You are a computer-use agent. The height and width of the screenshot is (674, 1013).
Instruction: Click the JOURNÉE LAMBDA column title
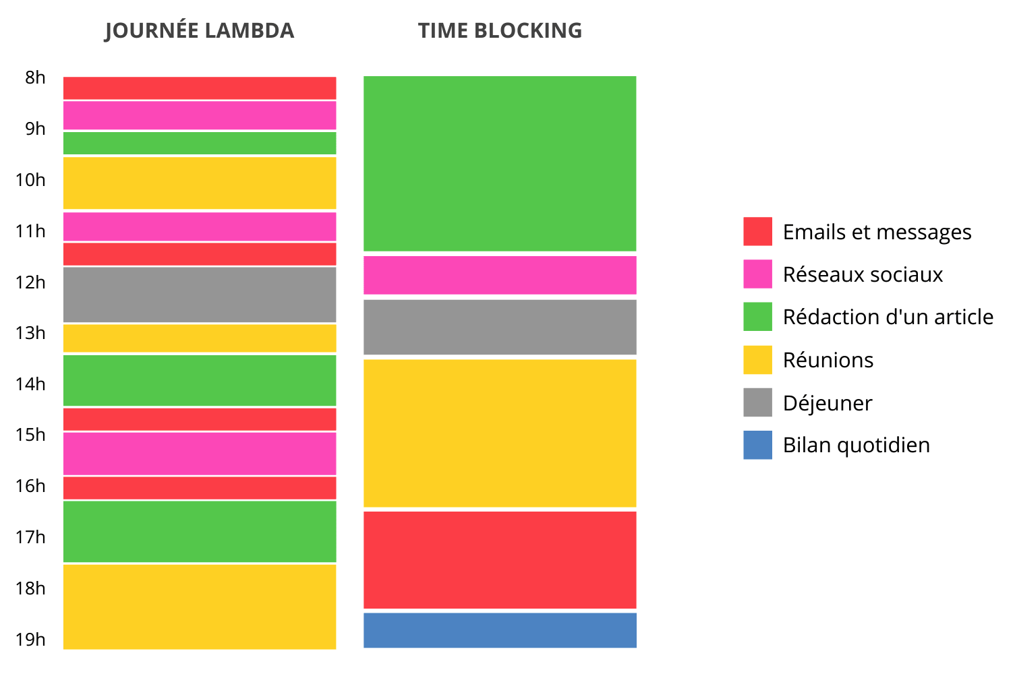199,31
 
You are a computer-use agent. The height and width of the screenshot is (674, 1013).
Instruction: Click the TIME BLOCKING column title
500,31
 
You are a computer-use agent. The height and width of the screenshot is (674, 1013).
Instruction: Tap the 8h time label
35,78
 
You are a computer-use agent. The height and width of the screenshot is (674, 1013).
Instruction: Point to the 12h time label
31,282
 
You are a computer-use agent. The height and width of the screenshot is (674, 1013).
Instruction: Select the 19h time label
31,640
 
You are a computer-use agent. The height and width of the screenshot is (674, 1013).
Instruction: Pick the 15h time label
31,435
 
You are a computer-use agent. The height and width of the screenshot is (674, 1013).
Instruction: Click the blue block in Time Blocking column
500,630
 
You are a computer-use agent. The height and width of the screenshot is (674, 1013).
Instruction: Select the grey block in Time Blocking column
500,327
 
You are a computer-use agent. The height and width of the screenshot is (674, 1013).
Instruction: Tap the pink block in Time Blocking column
500,275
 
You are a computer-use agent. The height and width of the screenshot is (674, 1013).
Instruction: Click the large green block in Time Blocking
500,163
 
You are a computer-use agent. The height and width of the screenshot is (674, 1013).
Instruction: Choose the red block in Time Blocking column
500,559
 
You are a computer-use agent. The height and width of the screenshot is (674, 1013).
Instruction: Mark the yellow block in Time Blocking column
500,433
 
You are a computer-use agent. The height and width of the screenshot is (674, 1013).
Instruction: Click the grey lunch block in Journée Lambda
200,295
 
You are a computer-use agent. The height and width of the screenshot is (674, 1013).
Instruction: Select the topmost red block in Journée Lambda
200,88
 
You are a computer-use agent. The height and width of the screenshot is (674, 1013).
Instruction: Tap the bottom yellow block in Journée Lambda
200,607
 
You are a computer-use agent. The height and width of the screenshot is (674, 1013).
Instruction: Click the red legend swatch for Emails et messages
757,231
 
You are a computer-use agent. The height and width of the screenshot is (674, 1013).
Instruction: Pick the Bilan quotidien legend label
856,446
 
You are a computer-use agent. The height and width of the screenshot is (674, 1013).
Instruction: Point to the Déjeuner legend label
827,403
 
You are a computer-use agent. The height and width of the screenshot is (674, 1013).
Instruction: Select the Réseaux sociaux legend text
863,274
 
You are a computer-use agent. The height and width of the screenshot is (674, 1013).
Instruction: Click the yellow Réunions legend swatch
757,360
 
